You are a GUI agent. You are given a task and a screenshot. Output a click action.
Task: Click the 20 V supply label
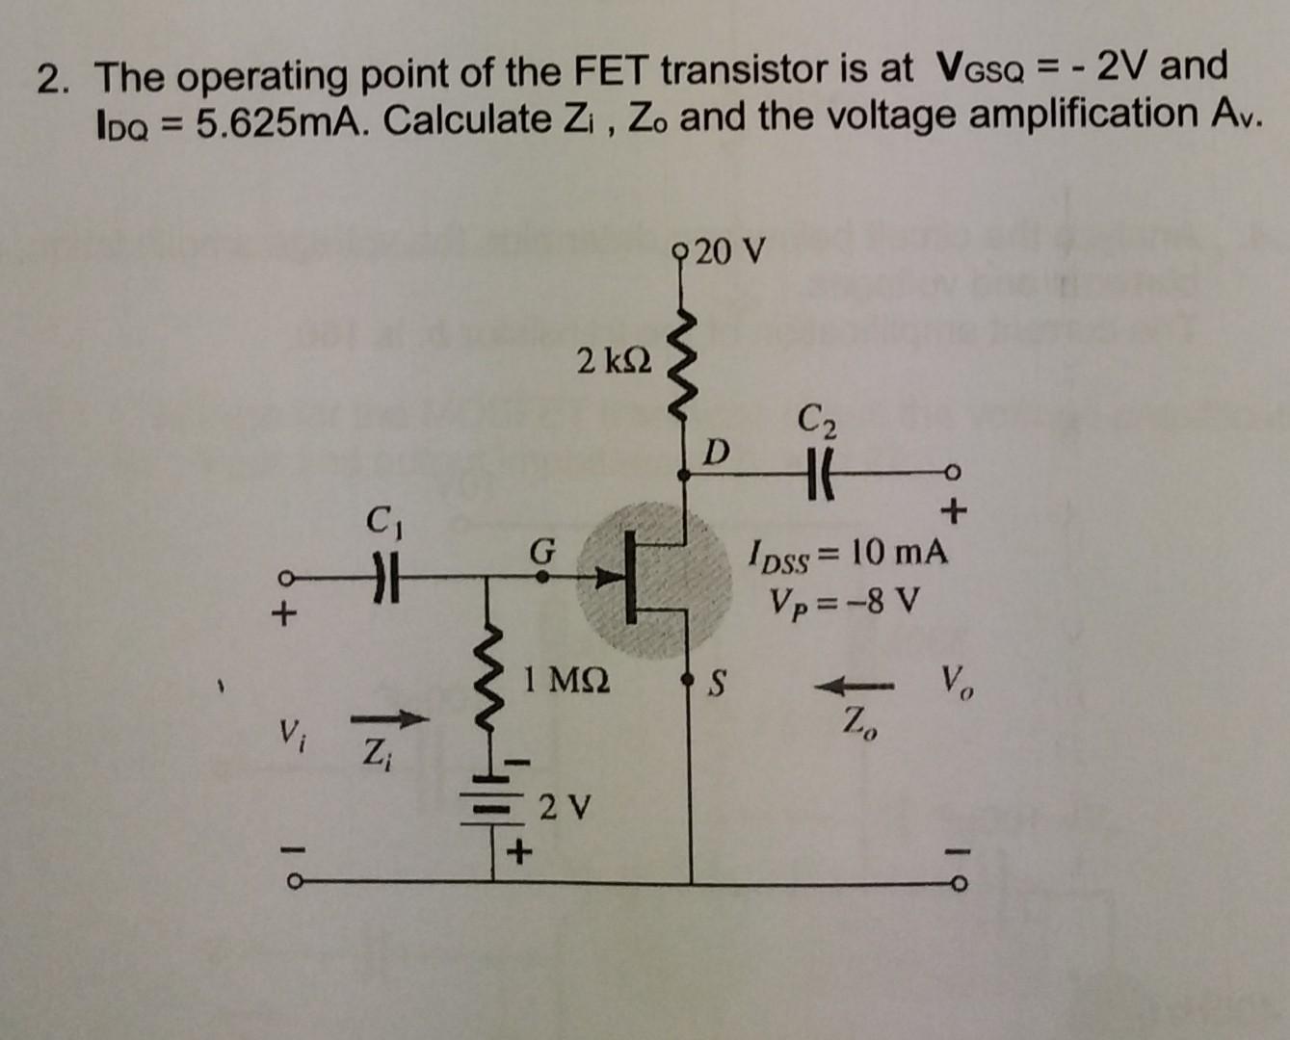coord(730,252)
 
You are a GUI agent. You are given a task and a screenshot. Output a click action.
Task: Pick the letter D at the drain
coord(716,451)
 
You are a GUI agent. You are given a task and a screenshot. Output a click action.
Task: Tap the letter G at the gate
coord(542,553)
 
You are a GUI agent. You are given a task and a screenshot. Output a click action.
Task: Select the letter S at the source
coord(716,686)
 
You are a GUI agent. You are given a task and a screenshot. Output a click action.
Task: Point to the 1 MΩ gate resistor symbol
coord(494,685)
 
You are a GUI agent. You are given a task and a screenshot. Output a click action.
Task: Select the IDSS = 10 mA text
coord(848,555)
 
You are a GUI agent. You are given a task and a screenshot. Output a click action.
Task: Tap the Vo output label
coord(957,686)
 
